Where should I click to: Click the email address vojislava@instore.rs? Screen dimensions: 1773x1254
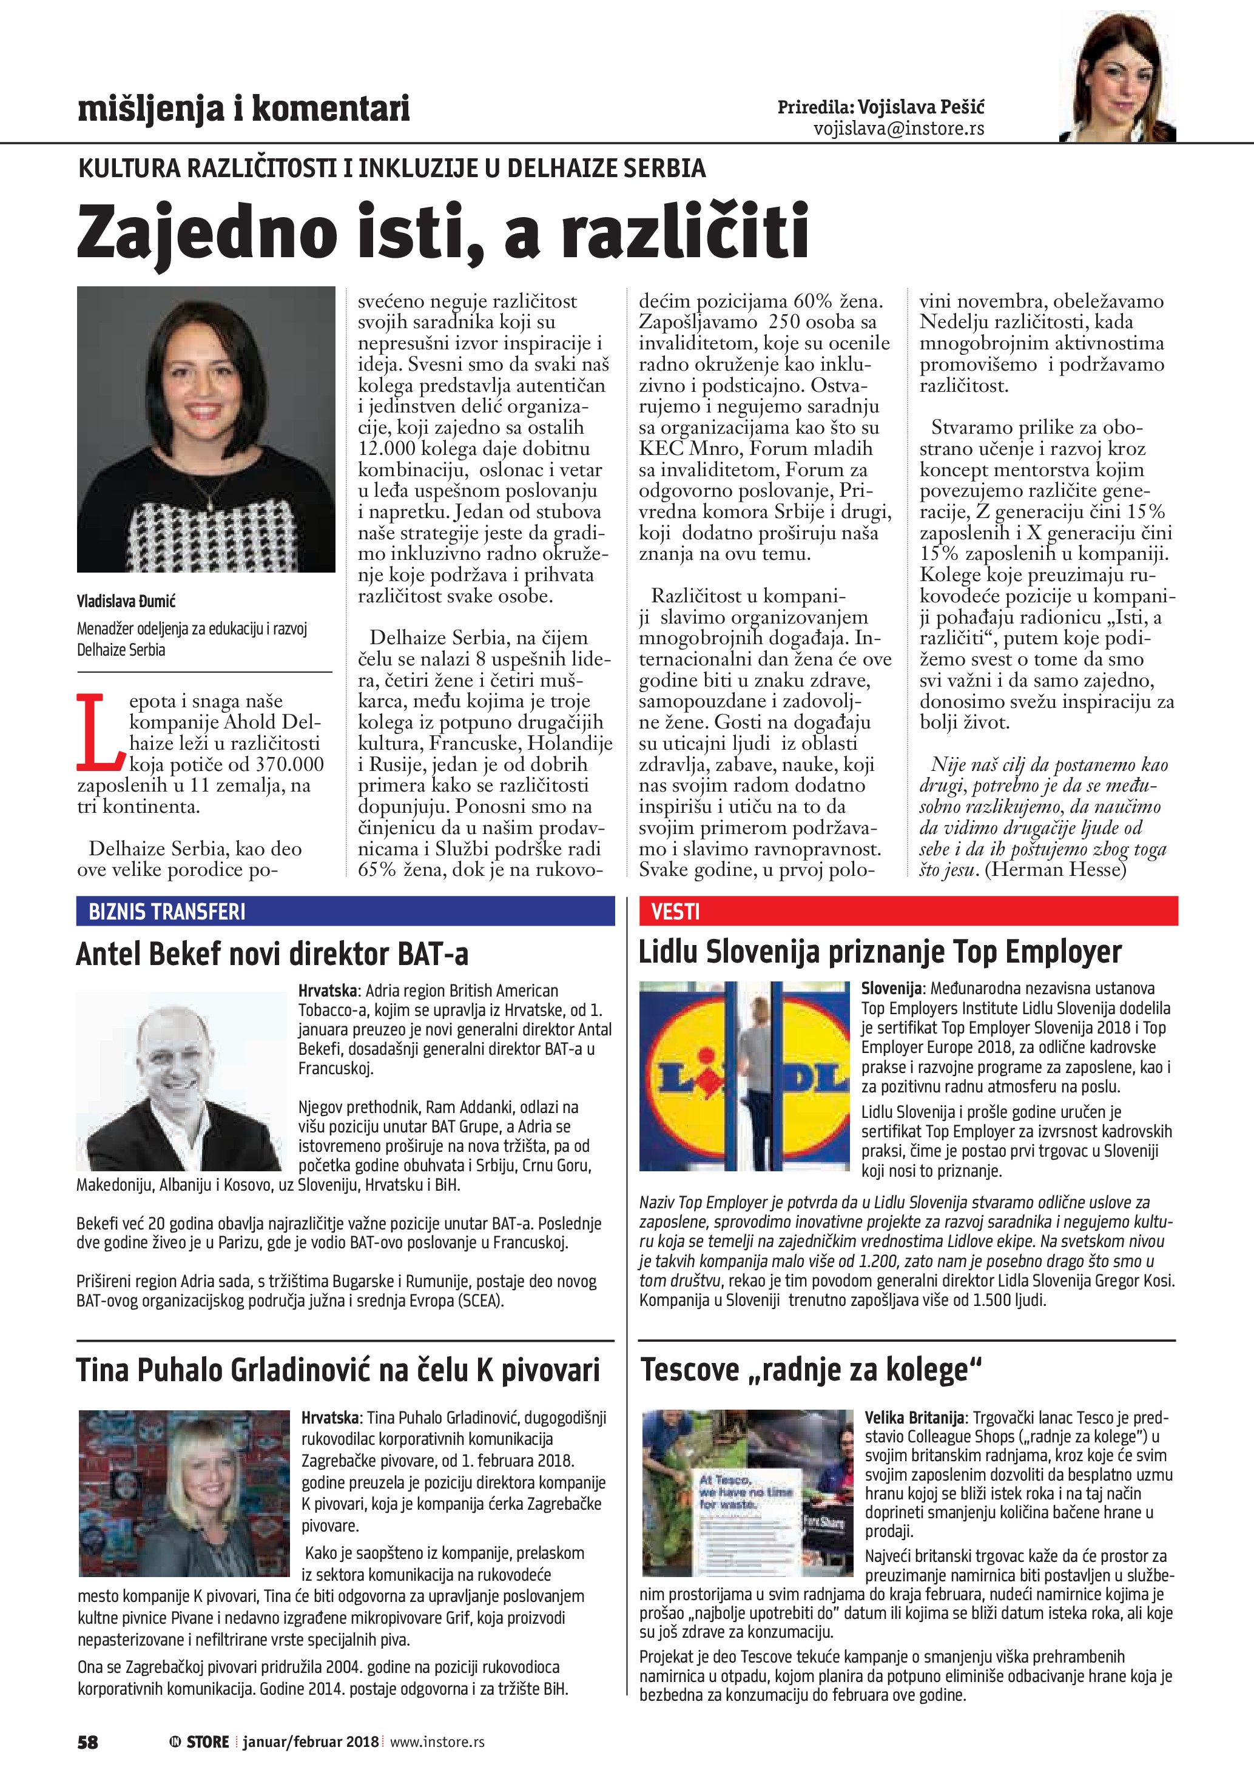pyautogui.click(x=899, y=129)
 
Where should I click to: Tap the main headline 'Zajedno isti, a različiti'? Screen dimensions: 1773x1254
pyautogui.click(x=442, y=231)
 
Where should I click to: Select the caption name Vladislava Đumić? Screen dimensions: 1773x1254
pyautogui.click(x=126, y=601)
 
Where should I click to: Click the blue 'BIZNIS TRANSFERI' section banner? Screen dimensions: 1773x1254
pyautogui.click(x=345, y=911)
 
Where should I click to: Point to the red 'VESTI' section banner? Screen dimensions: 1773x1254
pyautogui.click(x=908, y=911)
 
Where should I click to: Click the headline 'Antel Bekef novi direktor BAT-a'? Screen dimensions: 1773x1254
pyautogui.click(x=272, y=955)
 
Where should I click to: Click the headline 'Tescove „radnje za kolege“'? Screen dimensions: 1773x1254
pyautogui.click(x=811, y=1370)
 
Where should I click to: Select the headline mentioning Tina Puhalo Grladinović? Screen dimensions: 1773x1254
pyautogui.click(x=337, y=1370)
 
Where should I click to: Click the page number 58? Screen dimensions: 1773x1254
pyautogui.click(x=87, y=1741)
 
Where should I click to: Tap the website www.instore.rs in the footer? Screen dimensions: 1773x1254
pyautogui.click(x=437, y=1741)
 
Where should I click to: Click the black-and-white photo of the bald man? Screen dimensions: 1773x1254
pyautogui.click(x=179, y=1081)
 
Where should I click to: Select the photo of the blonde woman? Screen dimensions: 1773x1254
pyautogui.click(x=184, y=1493)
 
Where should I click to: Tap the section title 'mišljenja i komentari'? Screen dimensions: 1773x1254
pyautogui.click(x=243, y=109)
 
